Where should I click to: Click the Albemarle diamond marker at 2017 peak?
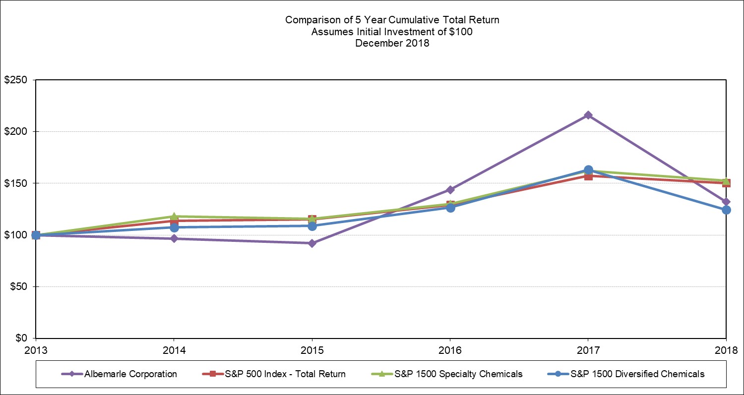coord(588,115)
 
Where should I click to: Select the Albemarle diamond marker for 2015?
coord(311,243)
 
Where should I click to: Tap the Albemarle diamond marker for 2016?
coord(450,190)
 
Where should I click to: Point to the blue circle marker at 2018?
coord(726,210)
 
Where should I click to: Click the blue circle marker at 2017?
coord(588,170)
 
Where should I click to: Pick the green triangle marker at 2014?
coord(174,216)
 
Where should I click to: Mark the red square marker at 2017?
coord(588,176)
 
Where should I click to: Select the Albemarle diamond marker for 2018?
coord(726,202)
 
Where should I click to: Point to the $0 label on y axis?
coord(20,338)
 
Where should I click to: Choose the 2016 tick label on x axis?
coord(450,351)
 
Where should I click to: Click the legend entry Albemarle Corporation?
coord(130,374)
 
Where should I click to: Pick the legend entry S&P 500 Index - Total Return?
coord(270,374)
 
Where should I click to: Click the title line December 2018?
coord(392,43)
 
